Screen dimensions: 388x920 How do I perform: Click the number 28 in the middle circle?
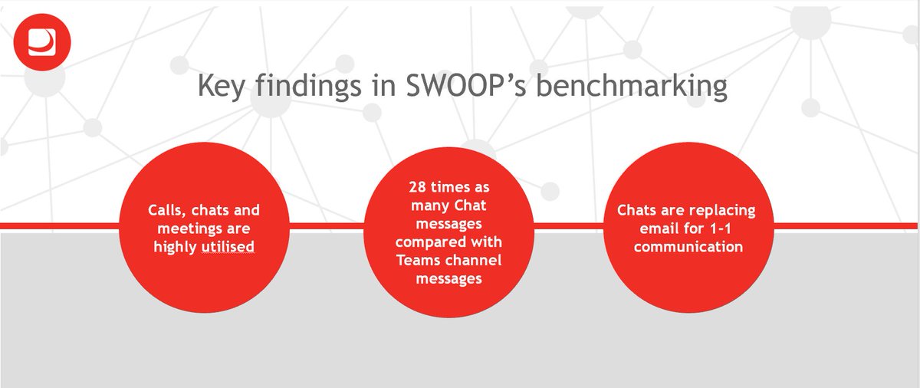[419, 188]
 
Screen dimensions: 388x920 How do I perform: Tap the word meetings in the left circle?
[179, 229]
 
